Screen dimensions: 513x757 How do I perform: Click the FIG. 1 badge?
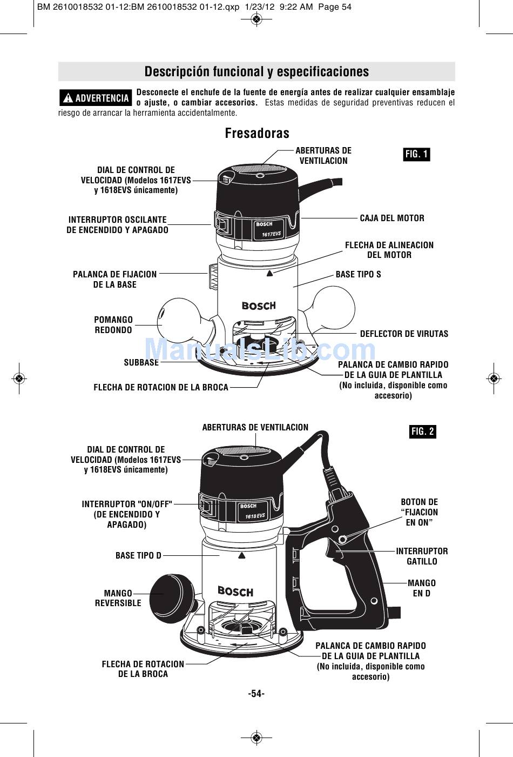point(416,155)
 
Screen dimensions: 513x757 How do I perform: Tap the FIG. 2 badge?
point(422,431)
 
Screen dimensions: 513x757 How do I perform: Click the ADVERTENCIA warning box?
point(96,98)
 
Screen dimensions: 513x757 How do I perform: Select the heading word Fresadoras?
point(257,133)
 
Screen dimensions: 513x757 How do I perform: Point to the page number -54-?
point(256,694)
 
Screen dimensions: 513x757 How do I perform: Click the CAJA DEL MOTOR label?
point(392,218)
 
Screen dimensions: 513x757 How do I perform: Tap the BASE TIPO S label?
point(358,274)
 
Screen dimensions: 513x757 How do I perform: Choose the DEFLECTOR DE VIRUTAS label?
point(404,334)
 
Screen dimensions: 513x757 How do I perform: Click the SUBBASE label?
point(141,362)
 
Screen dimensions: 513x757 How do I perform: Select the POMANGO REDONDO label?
point(113,325)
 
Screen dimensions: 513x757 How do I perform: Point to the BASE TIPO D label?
point(138,555)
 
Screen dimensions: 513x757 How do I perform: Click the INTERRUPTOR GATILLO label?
point(422,556)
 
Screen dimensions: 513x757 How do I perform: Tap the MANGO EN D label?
point(422,588)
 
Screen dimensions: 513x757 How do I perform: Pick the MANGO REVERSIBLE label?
point(118,598)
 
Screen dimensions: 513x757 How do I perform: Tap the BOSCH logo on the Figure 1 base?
point(259,306)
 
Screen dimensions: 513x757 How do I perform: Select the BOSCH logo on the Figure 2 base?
point(235,592)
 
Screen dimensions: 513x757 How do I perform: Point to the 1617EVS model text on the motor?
point(272,234)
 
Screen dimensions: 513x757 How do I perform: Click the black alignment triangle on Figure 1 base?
point(269,274)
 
